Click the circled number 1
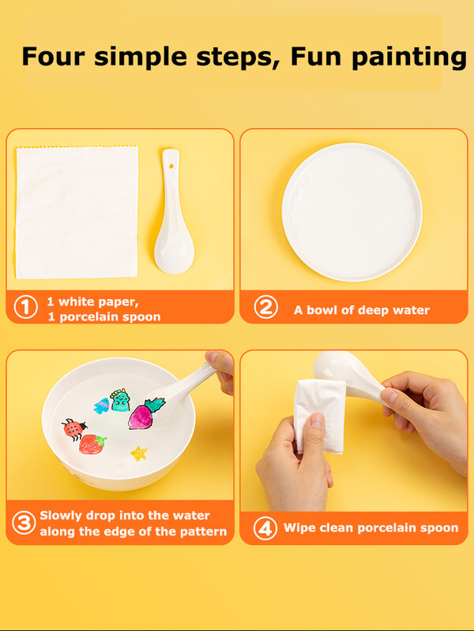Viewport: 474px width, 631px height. [x=26, y=308]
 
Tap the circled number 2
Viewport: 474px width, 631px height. [x=265, y=307]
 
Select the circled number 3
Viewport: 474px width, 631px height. [x=24, y=523]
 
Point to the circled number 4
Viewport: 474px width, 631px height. [x=265, y=528]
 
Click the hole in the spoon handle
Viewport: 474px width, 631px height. [x=171, y=166]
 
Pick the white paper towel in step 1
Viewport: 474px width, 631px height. [x=77, y=212]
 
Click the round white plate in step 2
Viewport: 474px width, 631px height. [x=352, y=212]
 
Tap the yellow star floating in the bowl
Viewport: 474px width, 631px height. [x=139, y=453]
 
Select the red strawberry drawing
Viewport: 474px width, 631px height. [x=92, y=444]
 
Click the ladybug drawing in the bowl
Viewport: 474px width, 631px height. [x=74, y=429]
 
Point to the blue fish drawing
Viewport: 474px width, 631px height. [x=102, y=405]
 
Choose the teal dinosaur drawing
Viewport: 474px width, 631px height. [x=120, y=400]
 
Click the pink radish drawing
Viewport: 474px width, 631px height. [x=146, y=413]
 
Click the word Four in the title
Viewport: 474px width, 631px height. [x=53, y=56]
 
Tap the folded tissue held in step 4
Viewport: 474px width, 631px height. [x=319, y=416]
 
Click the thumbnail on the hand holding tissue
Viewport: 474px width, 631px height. [x=317, y=420]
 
